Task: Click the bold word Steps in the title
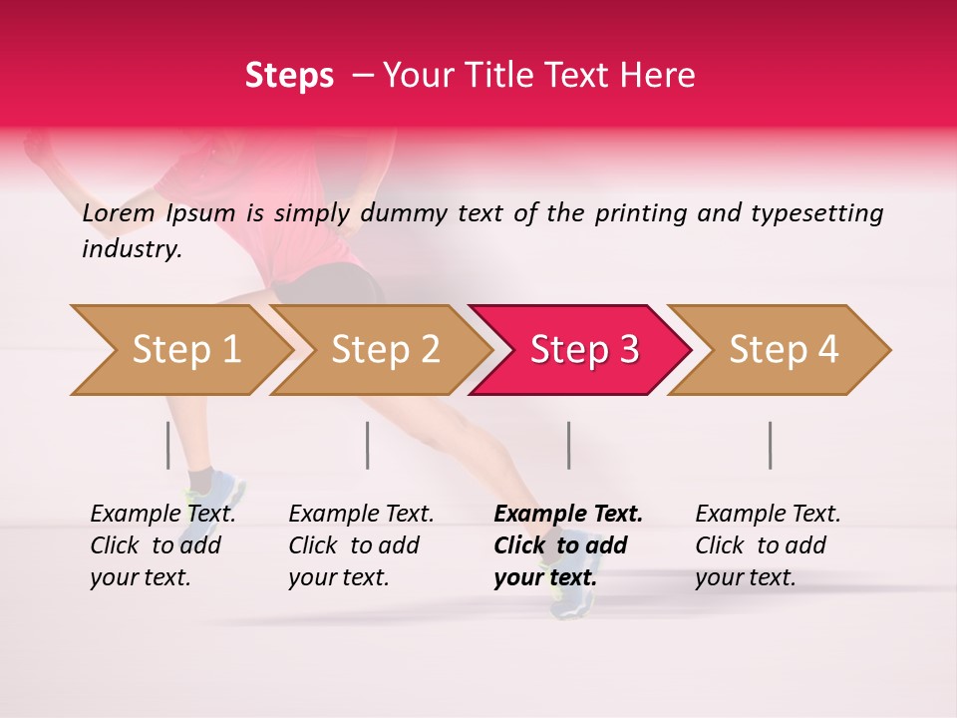(289, 76)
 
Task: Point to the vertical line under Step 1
(168, 445)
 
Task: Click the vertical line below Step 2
(368, 445)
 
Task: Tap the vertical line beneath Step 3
(568, 445)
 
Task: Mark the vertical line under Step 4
(770, 445)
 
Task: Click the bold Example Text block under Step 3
(567, 545)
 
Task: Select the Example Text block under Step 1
(162, 545)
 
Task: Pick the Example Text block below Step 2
(361, 545)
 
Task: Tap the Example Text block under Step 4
(768, 545)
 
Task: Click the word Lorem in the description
(119, 213)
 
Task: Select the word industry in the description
(131, 249)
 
